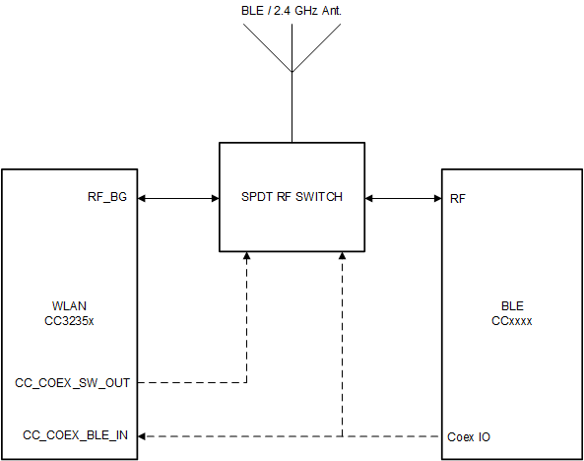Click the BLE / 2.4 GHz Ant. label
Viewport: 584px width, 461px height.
292,11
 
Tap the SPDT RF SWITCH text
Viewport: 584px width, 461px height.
292,197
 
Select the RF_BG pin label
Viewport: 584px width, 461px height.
108,198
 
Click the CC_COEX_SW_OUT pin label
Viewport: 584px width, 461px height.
72,381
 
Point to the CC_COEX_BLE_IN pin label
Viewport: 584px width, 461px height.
76,435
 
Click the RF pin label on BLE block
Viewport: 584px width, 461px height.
458,198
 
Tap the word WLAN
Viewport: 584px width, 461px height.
69,306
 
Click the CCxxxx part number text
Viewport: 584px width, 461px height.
512,320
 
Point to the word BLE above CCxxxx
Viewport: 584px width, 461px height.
512,306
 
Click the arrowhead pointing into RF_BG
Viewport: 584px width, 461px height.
144,198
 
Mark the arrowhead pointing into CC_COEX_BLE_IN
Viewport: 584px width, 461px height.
144,435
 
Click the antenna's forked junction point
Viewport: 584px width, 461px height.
292,71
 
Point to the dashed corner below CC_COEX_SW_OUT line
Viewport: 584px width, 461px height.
246,381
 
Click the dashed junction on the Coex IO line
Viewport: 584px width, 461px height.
341,435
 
